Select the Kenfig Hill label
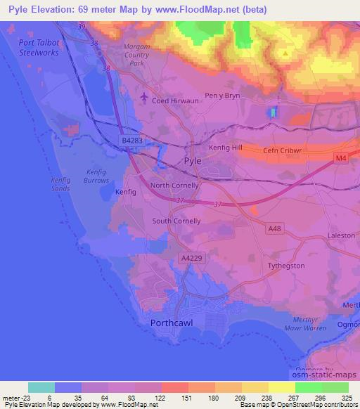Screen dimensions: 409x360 point(226,148)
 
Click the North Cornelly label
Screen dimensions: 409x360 point(176,186)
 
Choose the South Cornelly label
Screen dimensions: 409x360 point(176,221)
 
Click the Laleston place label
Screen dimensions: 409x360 point(342,236)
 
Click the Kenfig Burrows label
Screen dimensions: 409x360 point(98,176)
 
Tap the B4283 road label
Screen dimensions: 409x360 point(131,141)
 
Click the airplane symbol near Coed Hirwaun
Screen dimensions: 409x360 point(145,95)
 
